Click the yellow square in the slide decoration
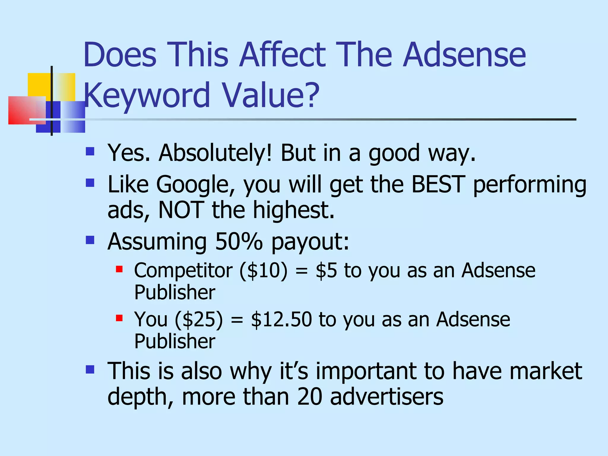(40, 85)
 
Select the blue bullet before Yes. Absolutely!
(90, 152)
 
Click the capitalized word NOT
(181, 210)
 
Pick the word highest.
(294, 210)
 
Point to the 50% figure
(239, 241)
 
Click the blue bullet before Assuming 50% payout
(90, 240)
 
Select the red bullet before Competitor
(119, 269)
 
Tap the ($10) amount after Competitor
(264, 271)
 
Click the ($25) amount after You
(199, 320)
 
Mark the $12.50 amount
(281, 319)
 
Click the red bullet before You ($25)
(119, 318)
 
